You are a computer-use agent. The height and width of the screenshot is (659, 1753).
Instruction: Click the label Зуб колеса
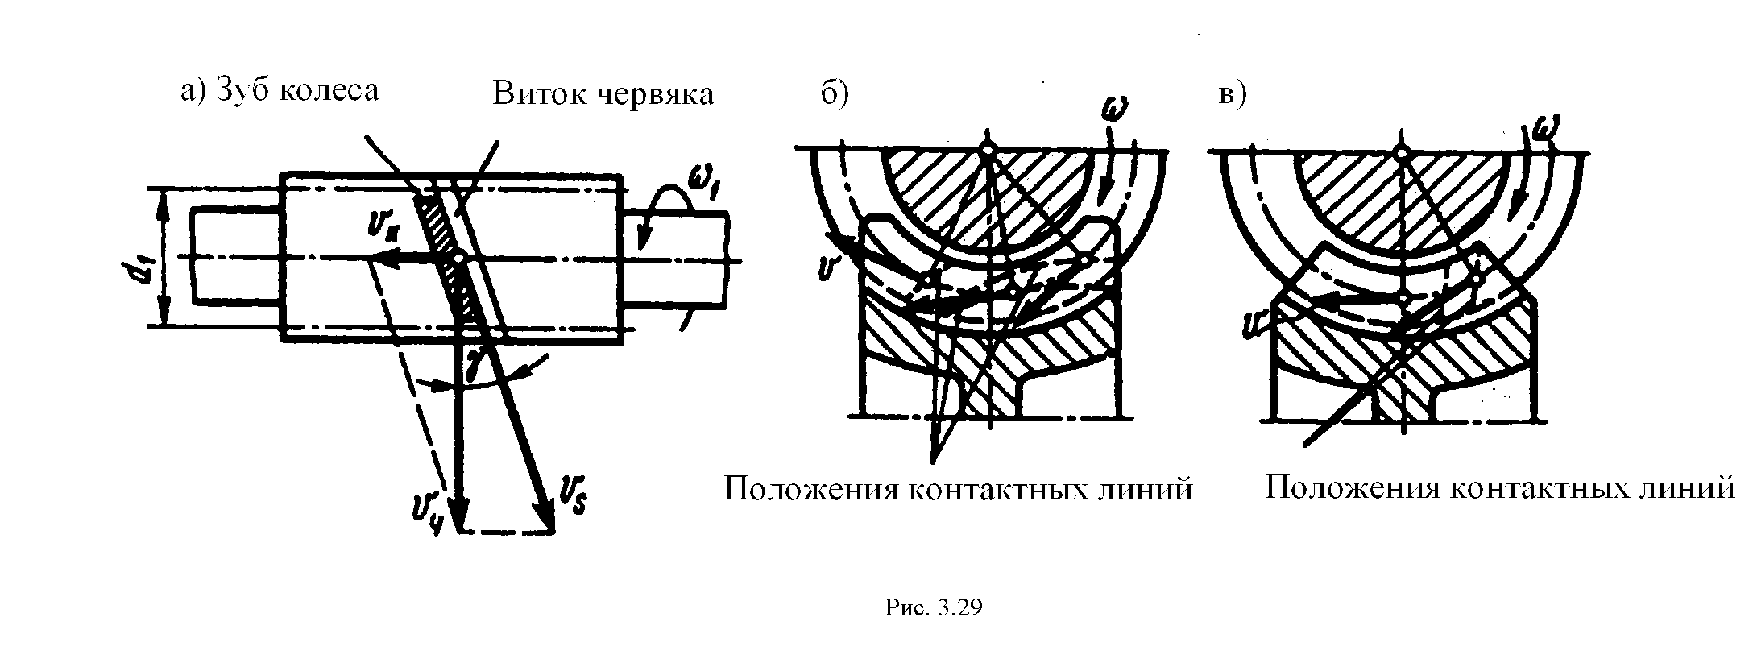(x=298, y=90)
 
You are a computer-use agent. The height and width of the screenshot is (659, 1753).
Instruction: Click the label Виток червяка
(x=603, y=93)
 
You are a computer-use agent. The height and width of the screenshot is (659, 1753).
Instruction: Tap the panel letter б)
(x=835, y=93)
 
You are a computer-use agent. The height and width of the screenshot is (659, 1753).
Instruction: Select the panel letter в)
(x=1232, y=93)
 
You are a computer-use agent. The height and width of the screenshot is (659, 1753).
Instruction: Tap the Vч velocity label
(x=425, y=512)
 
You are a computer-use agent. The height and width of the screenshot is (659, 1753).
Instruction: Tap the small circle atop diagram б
(x=988, y=147)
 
